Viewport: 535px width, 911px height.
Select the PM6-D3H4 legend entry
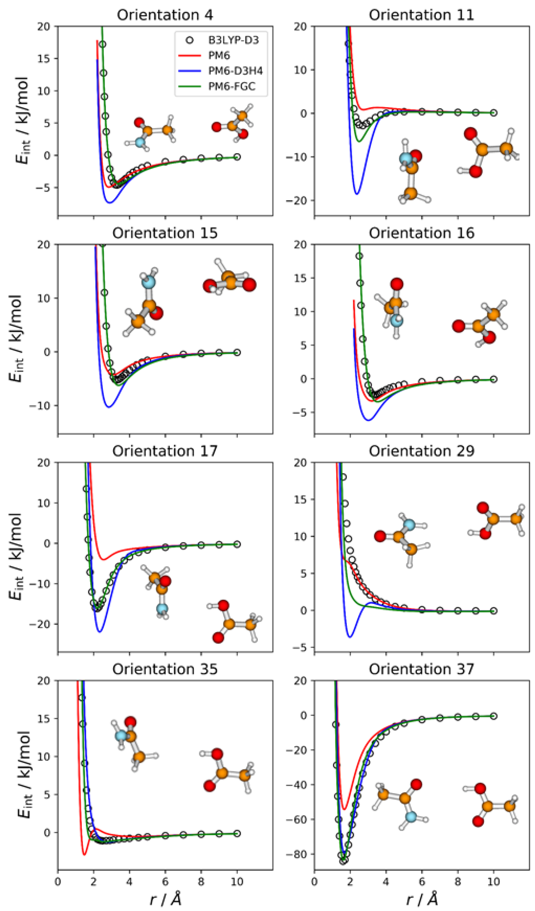[x=235, y=71]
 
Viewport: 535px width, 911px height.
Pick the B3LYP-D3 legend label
[x=233, y=40]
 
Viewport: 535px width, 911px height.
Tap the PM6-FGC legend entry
[x=231, y=87]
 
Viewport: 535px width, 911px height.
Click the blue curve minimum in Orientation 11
[x=357, y=194]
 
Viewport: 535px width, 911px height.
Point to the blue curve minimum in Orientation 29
[x=350, y=637]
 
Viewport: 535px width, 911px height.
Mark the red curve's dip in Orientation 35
[x=84, y=855]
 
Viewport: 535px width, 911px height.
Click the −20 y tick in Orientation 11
[x=298, y=200]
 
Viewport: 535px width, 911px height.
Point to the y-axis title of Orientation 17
[x=16, y=557]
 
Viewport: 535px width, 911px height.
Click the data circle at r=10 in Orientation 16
[x=494, y=379]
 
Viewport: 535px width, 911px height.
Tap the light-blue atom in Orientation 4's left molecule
[x=140, y=142]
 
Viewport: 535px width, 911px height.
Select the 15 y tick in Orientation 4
[x=44, y=58]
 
